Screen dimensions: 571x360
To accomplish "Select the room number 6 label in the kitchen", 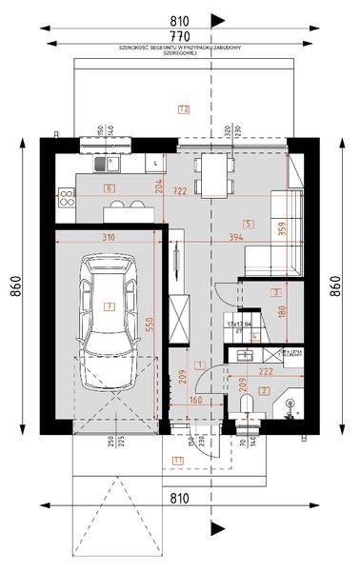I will point(110,188).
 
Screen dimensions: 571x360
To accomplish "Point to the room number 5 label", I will point(248,224).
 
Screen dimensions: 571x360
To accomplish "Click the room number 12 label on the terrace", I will point(183,108).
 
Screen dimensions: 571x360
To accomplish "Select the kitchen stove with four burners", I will point(68,197).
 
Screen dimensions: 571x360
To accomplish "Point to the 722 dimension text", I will point(174,190).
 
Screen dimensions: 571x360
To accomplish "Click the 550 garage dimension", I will point(149,324).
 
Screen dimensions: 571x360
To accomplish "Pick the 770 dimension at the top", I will point(179,38).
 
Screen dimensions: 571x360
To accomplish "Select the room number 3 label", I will point(274,292).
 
